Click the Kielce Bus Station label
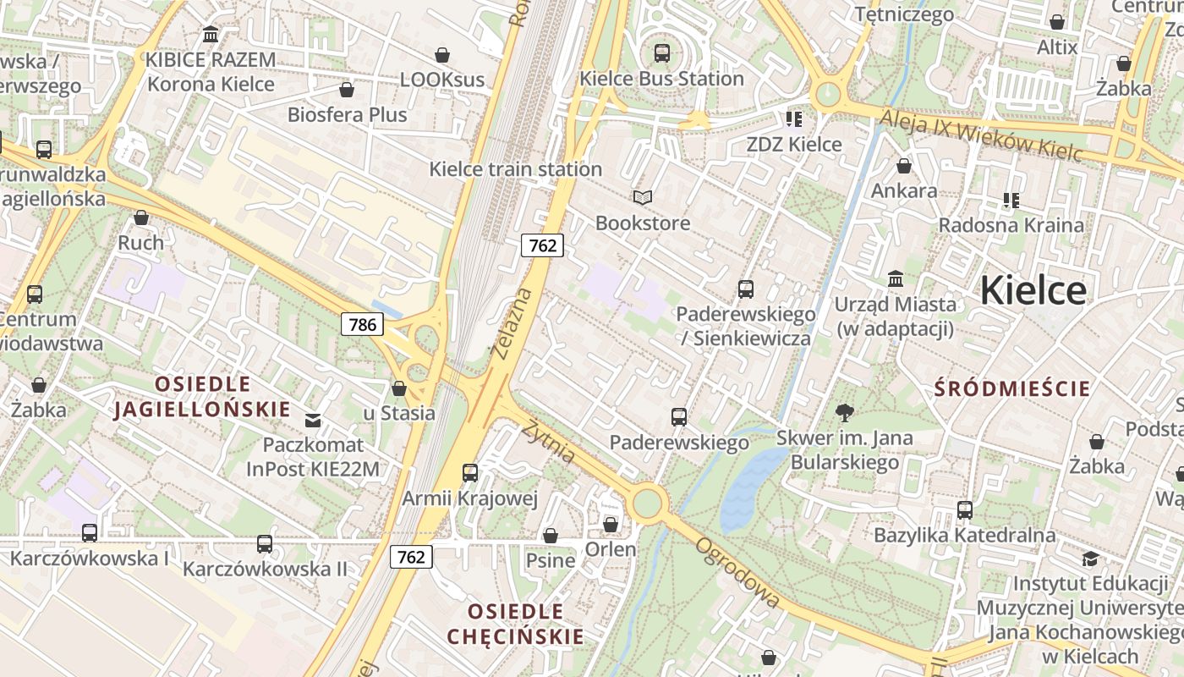(661, 79)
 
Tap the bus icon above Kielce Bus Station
(661, 53)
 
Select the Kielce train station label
(515, 168)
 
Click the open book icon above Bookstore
(643, 197)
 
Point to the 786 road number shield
(362, 323)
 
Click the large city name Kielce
(1033, 290)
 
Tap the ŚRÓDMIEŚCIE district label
(1012, 388)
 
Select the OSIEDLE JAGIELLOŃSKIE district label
(202, 397)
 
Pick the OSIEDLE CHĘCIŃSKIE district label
(515, 624)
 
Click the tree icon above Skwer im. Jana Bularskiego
(843, 413)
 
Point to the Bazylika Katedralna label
(964, 535)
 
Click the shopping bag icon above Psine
(551, 536)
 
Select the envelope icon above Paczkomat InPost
(313, 420)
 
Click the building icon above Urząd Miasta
(895, 278)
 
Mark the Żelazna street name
(513, 323)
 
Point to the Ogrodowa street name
(737, 572)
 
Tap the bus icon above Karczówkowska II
(265, 543)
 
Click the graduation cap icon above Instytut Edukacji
(1090, 559)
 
